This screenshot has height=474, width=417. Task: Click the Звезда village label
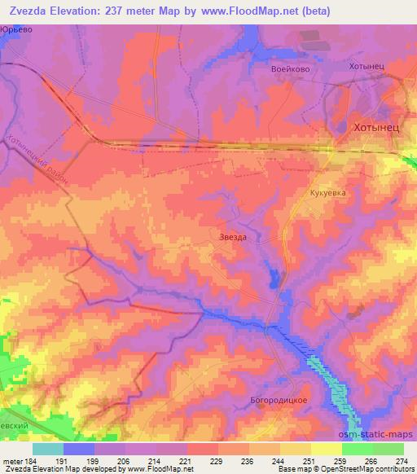click(233, 236)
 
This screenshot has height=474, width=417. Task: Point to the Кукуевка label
click(327, 193)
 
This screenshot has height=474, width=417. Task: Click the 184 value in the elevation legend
click(32, 461)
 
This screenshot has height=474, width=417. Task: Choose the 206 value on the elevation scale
click(125, 461)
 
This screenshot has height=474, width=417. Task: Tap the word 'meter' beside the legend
click(11, 461)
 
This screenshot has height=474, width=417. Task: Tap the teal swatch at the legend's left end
click(48, 449)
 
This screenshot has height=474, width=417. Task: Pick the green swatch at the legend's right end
click(388, 449)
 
